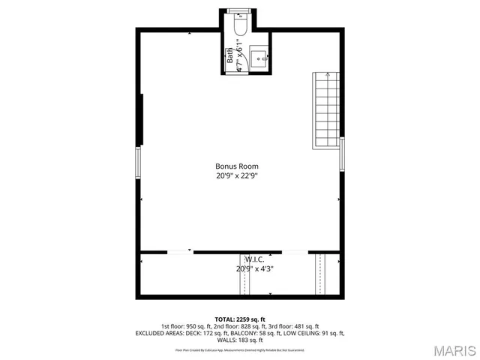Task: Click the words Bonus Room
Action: (237, 166)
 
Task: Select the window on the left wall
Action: (138, 163)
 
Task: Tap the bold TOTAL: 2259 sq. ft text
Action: (240, 319)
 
